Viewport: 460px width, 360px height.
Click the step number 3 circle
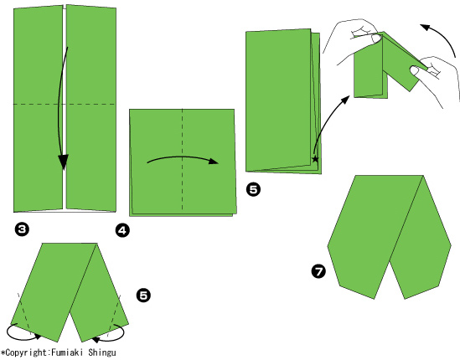click(x=22, y=229)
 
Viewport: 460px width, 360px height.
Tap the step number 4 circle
click(x=122, y=230)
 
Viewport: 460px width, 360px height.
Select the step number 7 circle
click(x=318, y=271)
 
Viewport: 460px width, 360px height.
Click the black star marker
click(x=315, y=159)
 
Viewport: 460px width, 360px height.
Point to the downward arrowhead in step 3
click(x=63, y=162)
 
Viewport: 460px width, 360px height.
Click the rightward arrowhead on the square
click(x=214, y=161)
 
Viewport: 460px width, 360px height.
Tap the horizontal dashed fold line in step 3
click(x=65, y=104)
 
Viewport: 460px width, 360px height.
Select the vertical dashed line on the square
click(x=183, y=160)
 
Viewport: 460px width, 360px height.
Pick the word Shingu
click(x=102, y=352)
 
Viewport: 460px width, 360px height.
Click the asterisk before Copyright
click(x=3, y=352)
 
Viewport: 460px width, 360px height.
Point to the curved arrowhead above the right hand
click(x=426, y=28)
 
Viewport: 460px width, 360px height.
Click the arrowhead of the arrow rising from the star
click(x=345, y=99)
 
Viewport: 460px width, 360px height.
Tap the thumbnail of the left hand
click(x=375, y=39)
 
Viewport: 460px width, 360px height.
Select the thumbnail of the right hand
click(x=414, y=70)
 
